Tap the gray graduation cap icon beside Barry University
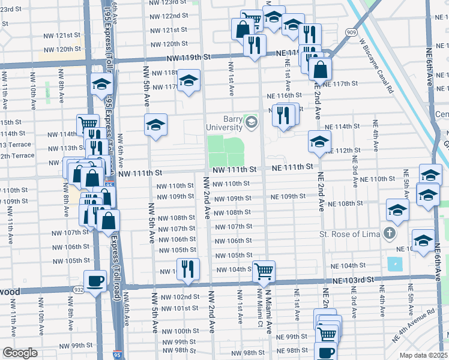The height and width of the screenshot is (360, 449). coord(251,123)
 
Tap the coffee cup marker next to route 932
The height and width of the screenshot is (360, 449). coord(95,281)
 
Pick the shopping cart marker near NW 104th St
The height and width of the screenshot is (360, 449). coord(264,271)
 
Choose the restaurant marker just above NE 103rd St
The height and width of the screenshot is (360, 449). coord(187,269)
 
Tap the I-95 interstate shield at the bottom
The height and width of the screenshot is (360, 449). coord(119,355)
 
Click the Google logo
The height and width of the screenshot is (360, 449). coord(20,353)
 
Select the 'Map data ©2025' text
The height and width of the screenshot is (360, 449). coord(423,355)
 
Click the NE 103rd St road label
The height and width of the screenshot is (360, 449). coord(348,280)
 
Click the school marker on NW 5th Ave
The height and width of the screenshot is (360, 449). coord(155,125)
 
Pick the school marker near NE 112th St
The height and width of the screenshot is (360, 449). coord(319,142)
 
